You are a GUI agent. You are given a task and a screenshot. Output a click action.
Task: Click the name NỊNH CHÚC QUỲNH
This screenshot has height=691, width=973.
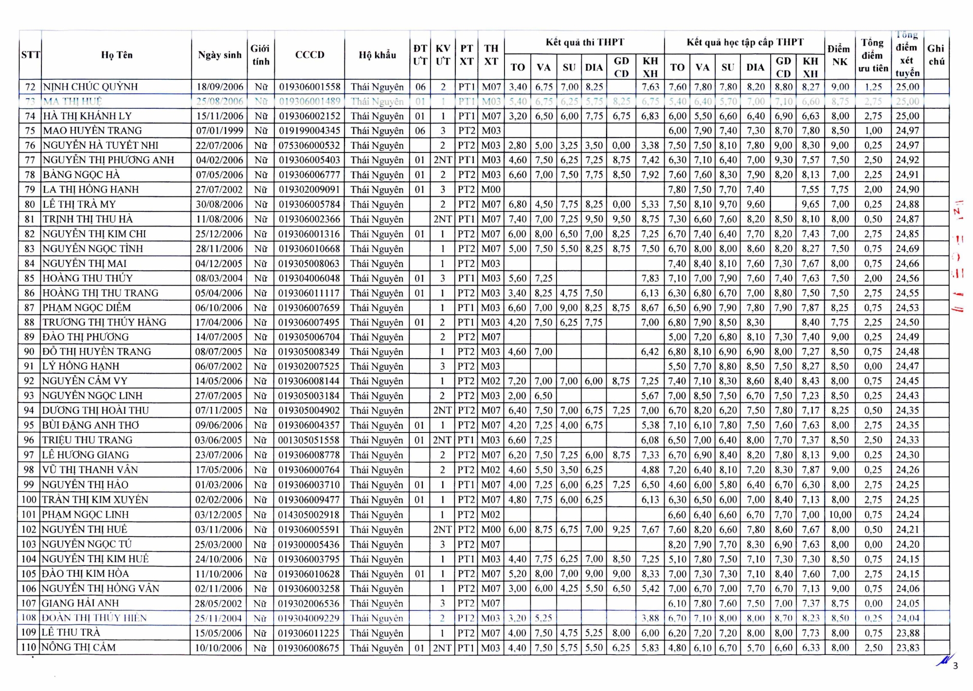click(x=90, y=87)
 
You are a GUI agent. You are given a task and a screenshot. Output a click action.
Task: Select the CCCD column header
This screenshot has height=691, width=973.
click(x=309, y=55)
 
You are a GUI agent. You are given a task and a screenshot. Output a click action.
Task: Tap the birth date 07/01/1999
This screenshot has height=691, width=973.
click(x=219, y=131)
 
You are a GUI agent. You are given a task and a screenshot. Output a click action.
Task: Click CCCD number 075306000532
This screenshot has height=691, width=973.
click(x=309, y=145)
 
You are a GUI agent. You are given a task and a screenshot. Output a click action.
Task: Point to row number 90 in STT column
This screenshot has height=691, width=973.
click(x=30, y=352)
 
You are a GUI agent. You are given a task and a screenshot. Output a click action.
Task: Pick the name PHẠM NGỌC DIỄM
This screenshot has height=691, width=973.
click(x=87, y=308)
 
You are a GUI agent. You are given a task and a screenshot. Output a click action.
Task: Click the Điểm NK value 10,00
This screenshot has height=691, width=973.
click(x=840, y=515)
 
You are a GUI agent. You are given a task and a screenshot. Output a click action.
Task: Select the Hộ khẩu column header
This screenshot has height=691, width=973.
click(x=377, y=55)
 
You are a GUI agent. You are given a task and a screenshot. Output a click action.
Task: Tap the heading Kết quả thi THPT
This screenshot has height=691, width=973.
click(x=584, y=42)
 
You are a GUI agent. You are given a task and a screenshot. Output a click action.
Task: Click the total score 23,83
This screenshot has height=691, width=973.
click(x=907, y=648)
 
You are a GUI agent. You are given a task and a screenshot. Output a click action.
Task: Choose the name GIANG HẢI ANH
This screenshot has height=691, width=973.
click(x=80, y=604)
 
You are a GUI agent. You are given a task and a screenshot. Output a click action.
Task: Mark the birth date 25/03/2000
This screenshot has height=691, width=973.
click(x=218, y=544)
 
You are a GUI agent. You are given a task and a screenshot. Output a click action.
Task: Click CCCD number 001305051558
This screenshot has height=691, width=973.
click(x=309, y=440)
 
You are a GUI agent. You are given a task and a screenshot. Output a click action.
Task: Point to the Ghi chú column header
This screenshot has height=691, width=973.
click(x=936, y=55)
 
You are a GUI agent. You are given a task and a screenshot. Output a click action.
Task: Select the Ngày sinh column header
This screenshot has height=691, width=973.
click(x=219, y=55)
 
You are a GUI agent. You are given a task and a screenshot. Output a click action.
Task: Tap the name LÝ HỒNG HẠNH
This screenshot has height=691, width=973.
click(x=81, y=366)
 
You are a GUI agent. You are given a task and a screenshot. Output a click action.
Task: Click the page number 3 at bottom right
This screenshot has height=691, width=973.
click(x=955, y=666)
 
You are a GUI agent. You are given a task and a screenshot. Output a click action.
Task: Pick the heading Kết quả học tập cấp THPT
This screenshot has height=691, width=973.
click(x=745, y=42)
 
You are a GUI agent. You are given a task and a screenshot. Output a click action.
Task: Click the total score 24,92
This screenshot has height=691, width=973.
click(x=907, y=160)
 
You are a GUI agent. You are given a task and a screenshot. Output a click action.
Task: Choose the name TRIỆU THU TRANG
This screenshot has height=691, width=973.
click(x=87, y=440)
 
